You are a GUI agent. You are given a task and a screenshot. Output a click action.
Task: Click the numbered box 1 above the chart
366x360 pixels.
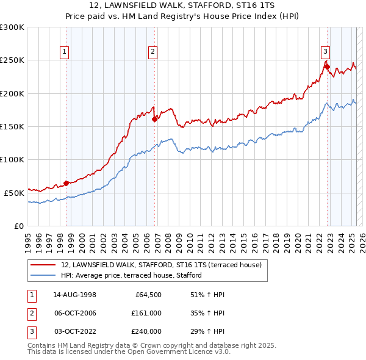(x=65, y=52)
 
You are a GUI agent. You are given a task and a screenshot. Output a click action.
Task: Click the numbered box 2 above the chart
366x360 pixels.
(x=152, y=52)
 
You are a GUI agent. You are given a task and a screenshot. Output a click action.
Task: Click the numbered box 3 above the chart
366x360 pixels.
(x=326, y=52)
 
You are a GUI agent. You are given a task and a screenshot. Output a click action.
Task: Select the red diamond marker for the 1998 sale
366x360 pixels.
(x=66, y=183)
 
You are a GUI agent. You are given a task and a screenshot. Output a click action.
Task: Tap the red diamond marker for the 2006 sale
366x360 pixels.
(x=155, y=119)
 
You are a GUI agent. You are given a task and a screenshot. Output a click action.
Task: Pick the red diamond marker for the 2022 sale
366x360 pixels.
(x=327, y=67)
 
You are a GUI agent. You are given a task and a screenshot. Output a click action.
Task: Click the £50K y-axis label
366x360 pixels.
(x=14, y=193)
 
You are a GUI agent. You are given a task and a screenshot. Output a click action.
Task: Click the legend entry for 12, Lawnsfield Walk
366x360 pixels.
(x=161, y=265)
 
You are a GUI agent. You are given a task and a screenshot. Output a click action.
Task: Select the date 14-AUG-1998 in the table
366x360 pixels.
(x=74, y=295)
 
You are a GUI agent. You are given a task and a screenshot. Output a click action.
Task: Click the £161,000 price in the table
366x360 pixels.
(x=147, y=313)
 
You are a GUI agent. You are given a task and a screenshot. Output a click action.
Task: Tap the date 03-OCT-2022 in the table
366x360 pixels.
(x=74, y=331)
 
